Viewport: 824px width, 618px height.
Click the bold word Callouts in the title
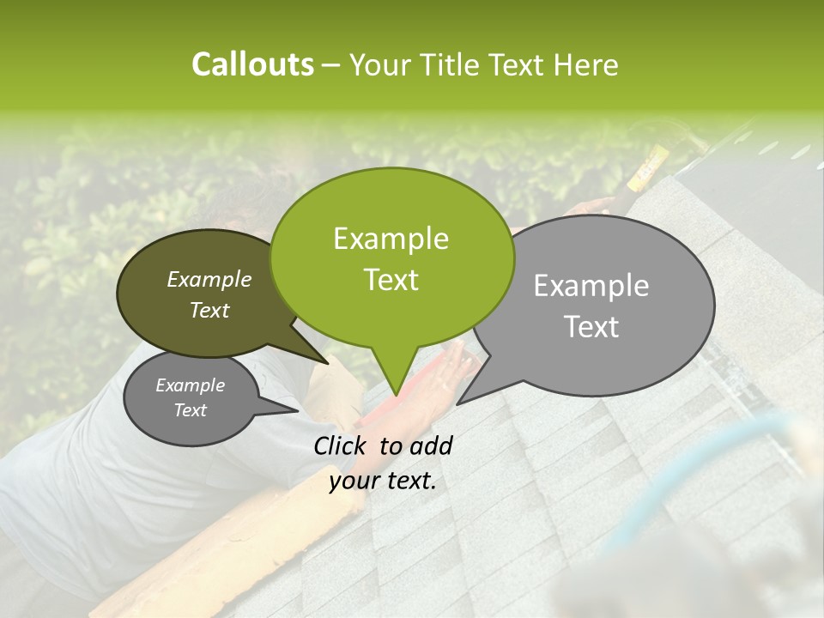click(252, 64)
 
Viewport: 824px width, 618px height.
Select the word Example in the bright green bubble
click(391, 239)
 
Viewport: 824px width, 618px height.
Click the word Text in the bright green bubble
click(391, 280)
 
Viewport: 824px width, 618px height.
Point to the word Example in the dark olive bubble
click(209, 279)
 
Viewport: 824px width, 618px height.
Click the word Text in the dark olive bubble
click(209, 310)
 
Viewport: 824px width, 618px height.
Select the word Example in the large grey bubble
click(591, 286)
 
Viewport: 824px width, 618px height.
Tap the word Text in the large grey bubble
click(591, 327)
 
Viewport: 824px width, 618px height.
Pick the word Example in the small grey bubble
click(191, 385)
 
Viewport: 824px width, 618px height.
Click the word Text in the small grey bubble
click(191, 410)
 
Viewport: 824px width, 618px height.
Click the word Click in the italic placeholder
click(342, 445)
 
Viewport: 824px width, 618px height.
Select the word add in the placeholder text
click(433, 445)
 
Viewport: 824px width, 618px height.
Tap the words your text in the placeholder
click(383, 482)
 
